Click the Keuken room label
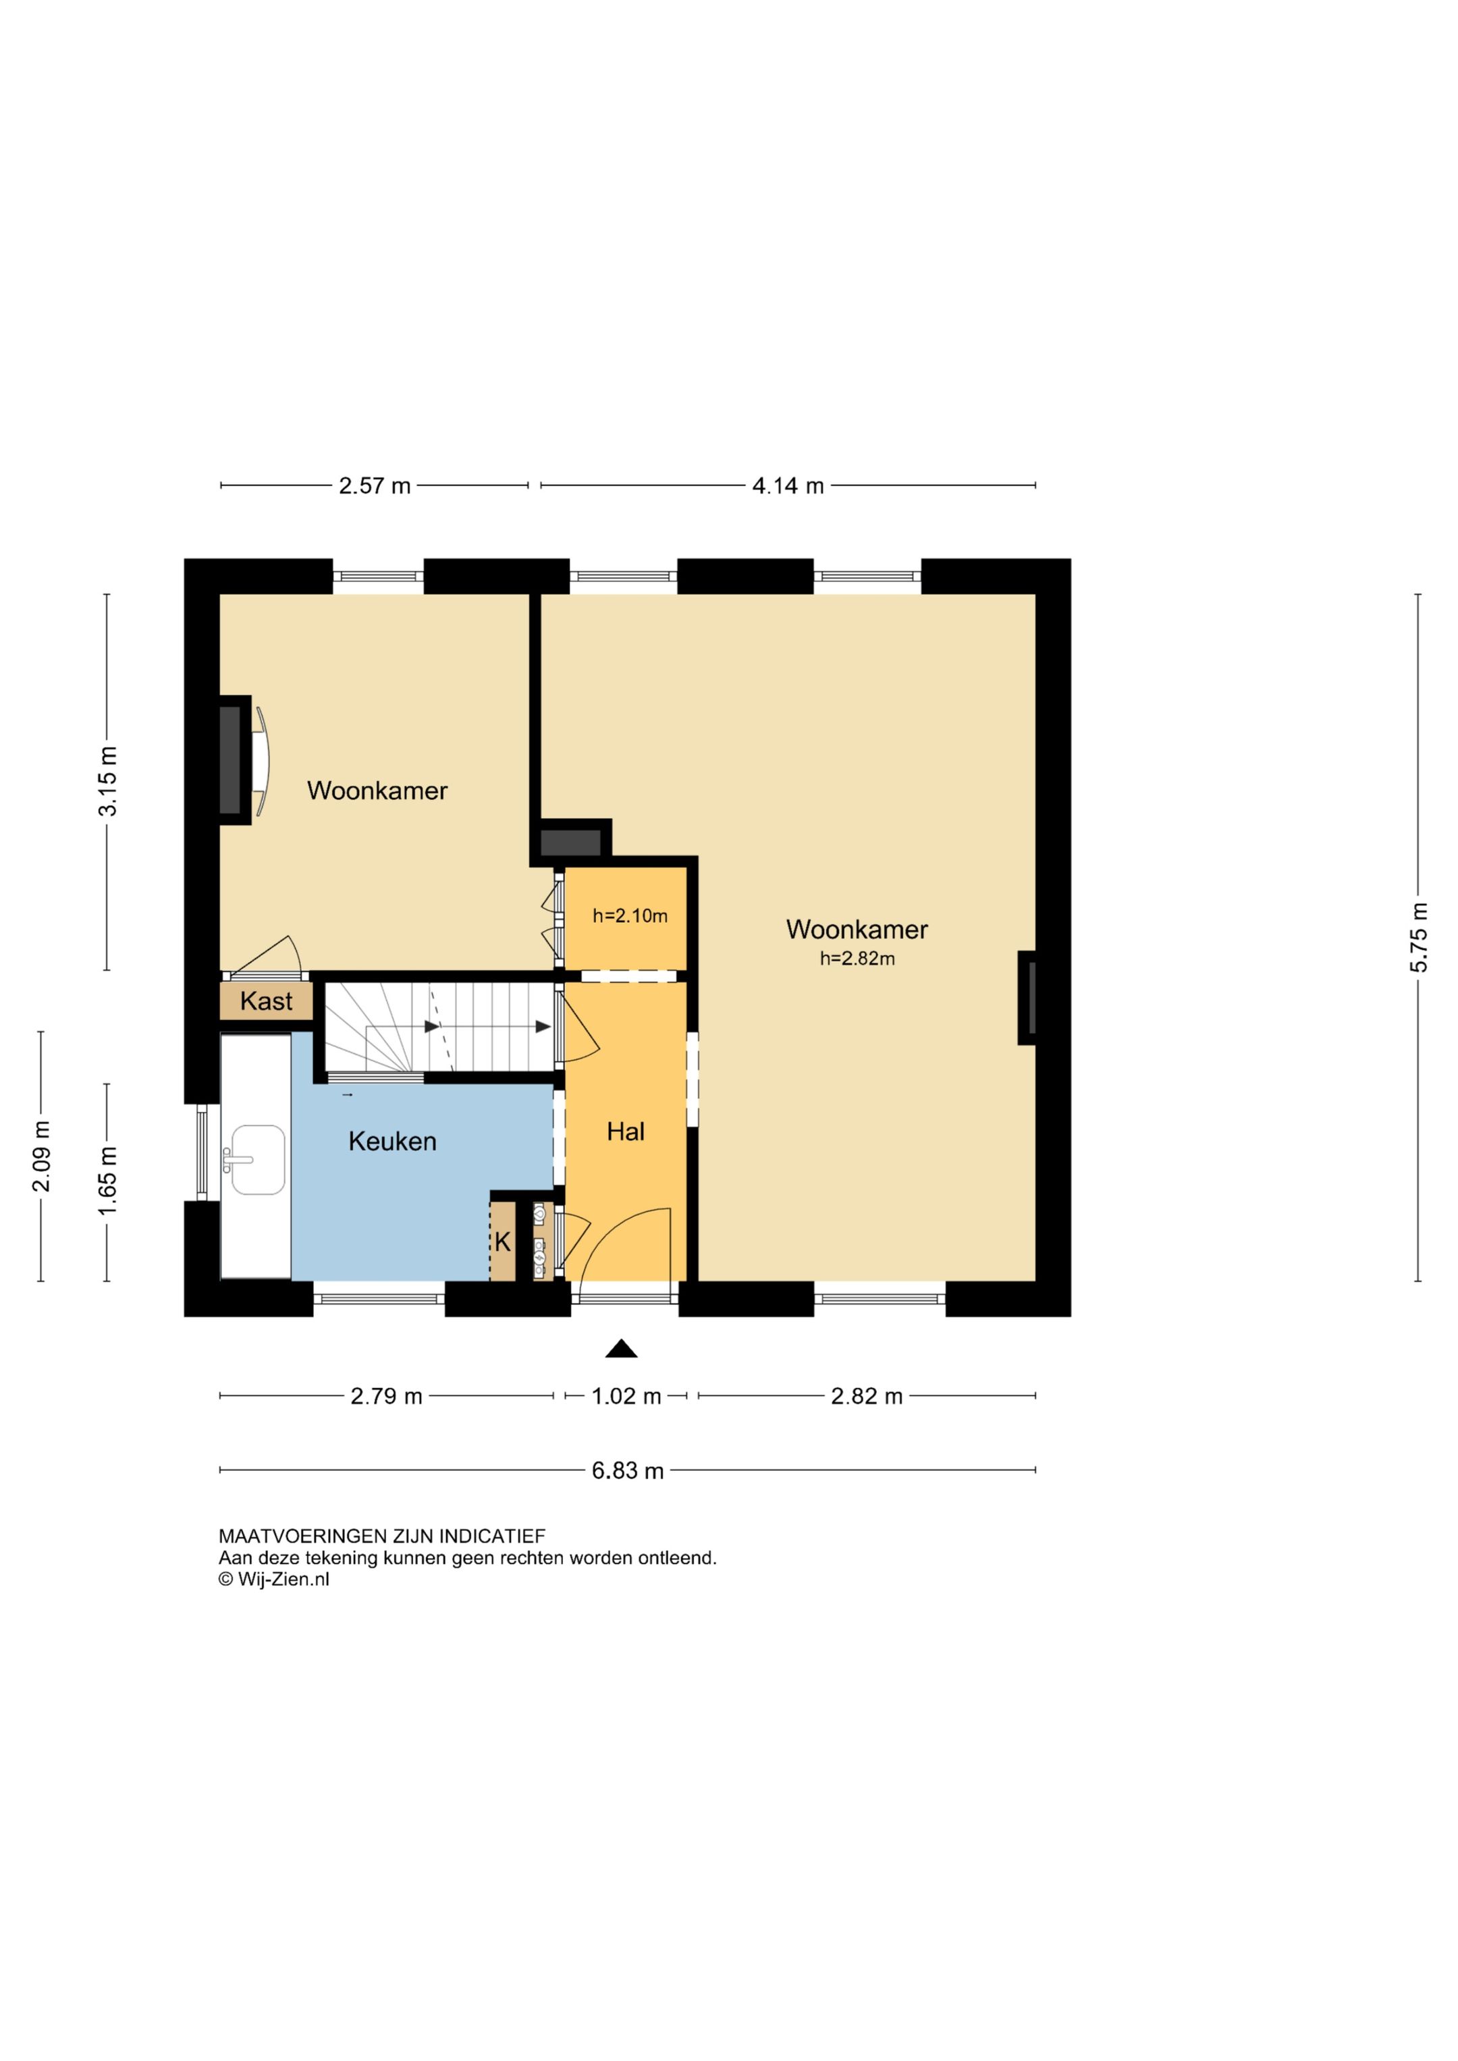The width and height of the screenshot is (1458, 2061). [x=392, y=1141]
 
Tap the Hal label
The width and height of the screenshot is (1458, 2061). [x=626, y=1132]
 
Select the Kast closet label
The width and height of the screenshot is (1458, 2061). [x=266, y=1001]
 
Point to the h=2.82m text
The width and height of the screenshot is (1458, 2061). [x=857, y=959]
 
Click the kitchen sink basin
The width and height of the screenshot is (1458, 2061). [x=259, y=1160]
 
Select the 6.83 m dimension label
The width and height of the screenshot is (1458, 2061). [x=628, y=1470]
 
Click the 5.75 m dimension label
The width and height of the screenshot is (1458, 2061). [x=1418, y=937]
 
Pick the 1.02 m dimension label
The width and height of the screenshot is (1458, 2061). [x=626, y=1396]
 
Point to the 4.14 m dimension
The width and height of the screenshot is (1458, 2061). [x=788, y=485]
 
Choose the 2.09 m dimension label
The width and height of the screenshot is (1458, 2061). [x=41, y=1156]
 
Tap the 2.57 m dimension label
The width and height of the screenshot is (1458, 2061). [x=375, y=485]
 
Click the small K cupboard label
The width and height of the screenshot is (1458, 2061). [x=503, y=1241]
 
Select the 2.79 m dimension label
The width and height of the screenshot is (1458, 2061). [x=386, y=1396]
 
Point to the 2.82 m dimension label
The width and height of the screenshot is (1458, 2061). [x=866, y=1396]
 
